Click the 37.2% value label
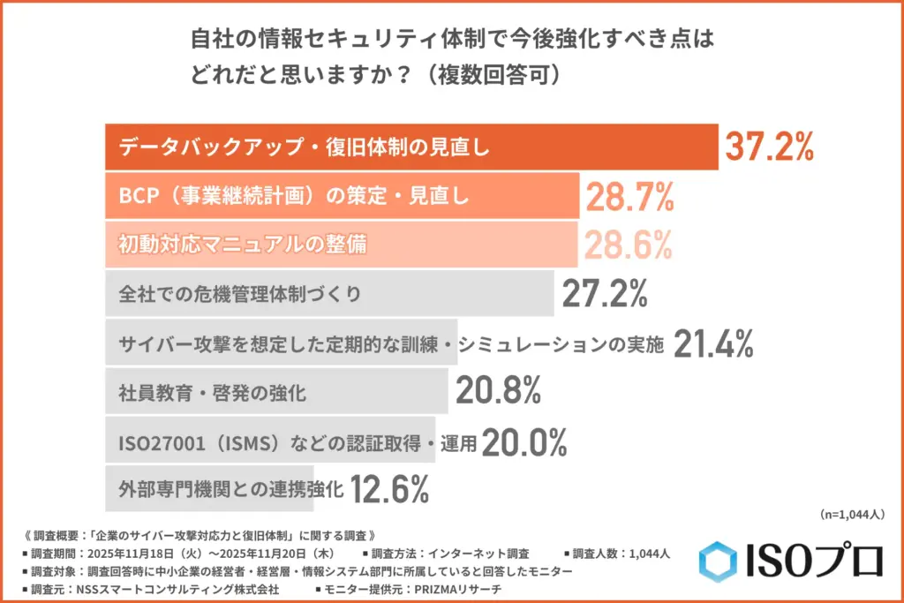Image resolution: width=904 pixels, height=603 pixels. tap(768, 147)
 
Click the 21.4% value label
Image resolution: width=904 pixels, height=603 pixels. tap(713, 343)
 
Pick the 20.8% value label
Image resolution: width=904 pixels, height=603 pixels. tap(498, 392)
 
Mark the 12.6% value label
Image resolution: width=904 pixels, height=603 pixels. tap(389, 489)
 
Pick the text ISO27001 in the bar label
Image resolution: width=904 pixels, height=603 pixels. tap(155, 441)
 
